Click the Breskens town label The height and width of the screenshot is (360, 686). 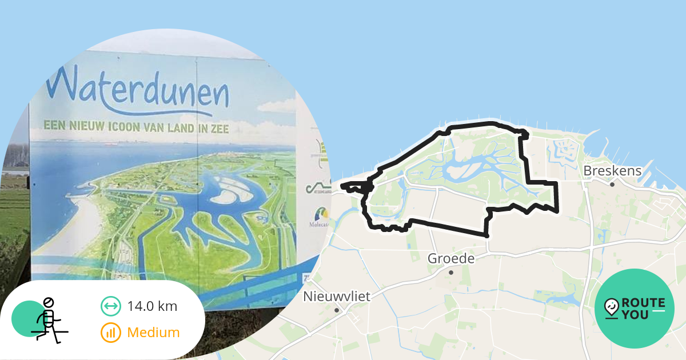(612, 171)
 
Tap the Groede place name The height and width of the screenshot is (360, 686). (451, 259)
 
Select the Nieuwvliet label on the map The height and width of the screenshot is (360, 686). (337, 297)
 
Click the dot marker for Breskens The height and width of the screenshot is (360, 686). (612, 185)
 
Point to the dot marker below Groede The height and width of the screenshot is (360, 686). (451, 273)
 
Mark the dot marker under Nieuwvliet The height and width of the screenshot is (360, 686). (337, 310)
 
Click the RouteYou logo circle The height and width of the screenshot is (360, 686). (634, 309)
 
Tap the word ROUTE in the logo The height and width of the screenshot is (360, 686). (644, 302)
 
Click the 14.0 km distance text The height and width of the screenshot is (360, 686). (152, 306)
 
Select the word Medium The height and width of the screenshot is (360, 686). (153, 332)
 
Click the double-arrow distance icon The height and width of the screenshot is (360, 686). (110, 306)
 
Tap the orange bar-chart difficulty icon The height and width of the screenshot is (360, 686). (110, 332)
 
